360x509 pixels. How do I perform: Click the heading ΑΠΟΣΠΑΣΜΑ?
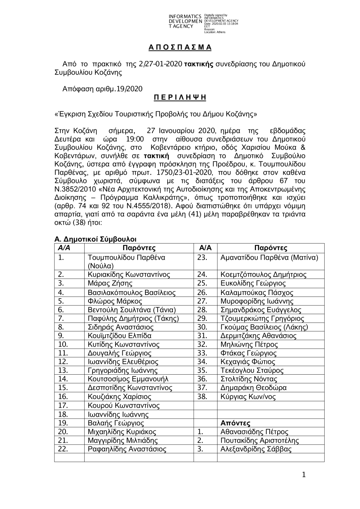[x=180, y=48]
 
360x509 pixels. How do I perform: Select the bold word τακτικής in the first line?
[x=199, y=64]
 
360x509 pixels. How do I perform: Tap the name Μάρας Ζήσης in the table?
[x=110, y=283]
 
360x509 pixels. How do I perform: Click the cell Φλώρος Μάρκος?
[x=115, y=301]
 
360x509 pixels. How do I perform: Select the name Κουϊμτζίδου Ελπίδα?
[x=120, y=336]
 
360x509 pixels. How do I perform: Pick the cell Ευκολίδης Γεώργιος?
[x=253, y=283]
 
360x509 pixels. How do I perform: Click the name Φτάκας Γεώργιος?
[x=248, y=353]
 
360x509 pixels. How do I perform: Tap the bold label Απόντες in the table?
[x=235, y=423]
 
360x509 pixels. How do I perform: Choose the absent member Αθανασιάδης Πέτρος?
[x=254, y=432]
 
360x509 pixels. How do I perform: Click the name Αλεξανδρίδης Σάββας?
[x=256, y=449]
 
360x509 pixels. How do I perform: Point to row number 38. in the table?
[x=202, y=397]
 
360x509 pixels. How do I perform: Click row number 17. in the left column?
[x=63, y=406]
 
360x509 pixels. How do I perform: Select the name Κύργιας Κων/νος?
[x=248, y=397]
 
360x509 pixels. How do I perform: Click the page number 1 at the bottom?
[x=304, y=475]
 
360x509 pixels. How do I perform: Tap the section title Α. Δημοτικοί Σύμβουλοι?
[x=95, y=239]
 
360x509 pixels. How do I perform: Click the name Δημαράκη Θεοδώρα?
[x=253, y=388]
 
